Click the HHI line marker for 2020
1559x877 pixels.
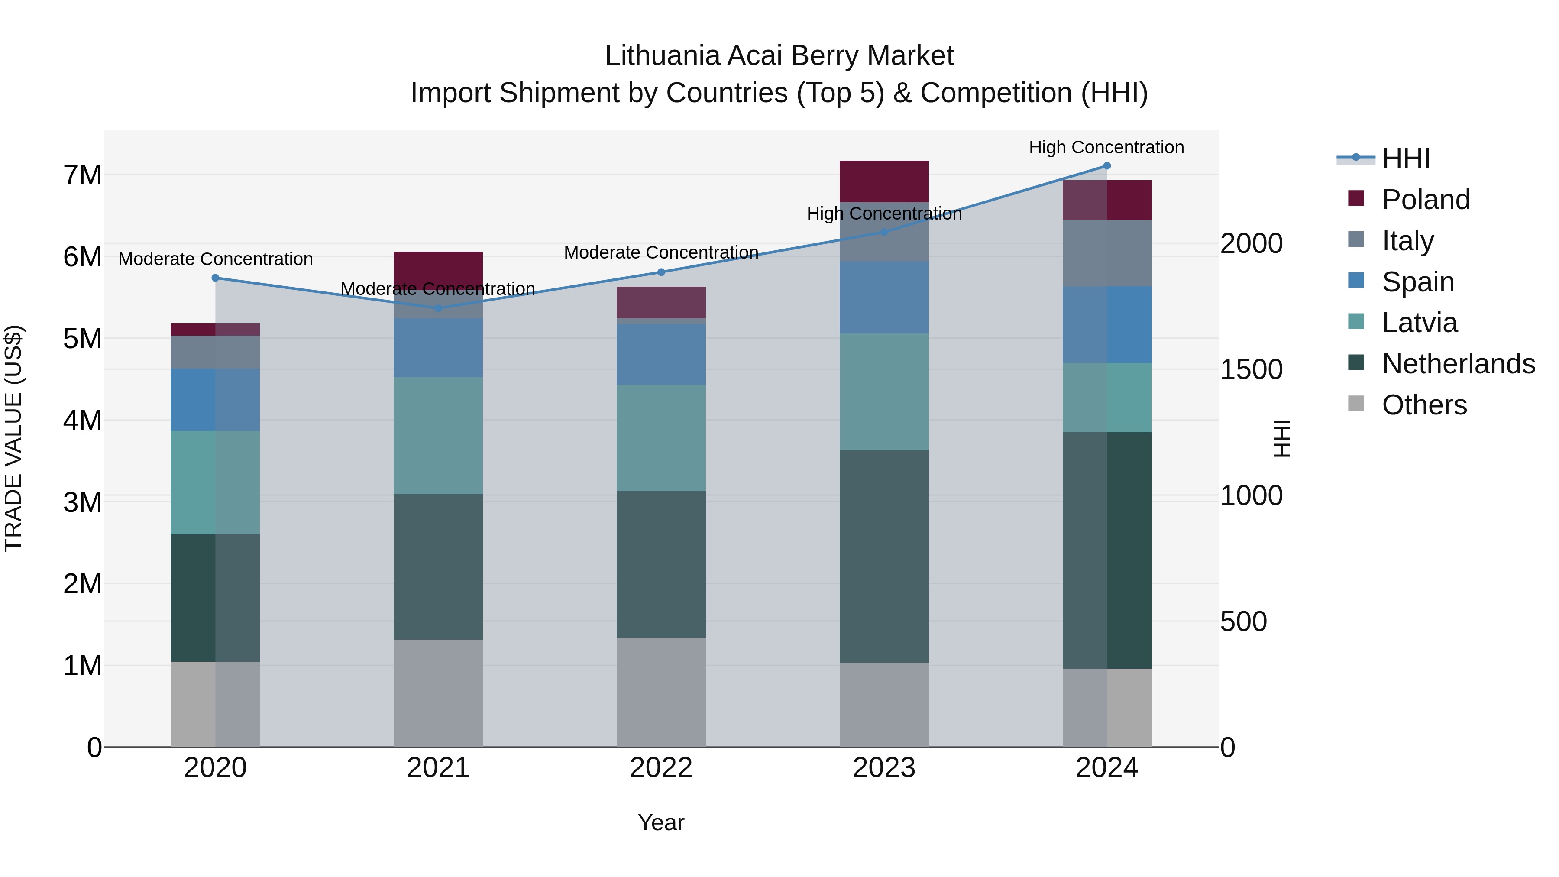(216, 278)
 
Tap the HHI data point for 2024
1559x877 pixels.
(1107, 166)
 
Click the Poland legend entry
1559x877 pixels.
(1425, 200)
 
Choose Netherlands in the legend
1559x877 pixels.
(1458, 364)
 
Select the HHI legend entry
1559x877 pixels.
(1405, 159)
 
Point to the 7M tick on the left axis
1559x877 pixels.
(82, 175)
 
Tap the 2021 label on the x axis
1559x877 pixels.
(438, 768)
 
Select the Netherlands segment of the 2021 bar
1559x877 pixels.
(438, 566)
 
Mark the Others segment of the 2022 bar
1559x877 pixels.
(661, 692)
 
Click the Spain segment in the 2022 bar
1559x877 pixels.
(661, 354)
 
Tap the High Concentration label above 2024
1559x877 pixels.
(1106, 147)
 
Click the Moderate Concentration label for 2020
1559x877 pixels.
(216, 259)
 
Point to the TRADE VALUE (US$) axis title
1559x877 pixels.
(13, 438)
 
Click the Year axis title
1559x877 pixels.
(661, 822)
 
